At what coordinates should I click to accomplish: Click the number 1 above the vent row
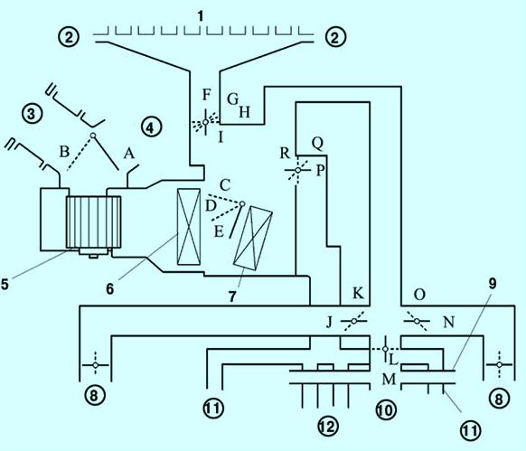tap(201, 15)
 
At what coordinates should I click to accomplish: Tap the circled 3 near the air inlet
tap(32, 114)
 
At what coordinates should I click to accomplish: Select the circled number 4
tap(151, 127)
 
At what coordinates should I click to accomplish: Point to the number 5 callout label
tap(5, 284)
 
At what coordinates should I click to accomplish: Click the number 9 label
tap(493, 284)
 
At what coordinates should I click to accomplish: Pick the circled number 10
tap(386, 409)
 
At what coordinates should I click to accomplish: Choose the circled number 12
tap(327, 427)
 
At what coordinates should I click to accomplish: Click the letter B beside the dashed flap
tap(64, 152)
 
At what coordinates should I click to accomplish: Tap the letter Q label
tap(317, 144)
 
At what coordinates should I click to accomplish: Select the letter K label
tap(358, 293)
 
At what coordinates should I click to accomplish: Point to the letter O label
tap(419, 295)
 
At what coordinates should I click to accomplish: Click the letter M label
tap(390, 380)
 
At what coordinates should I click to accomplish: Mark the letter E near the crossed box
tap(219, 231)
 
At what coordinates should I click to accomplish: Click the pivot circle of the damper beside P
tap(298, 170)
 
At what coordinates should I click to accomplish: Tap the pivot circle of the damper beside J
tap(354, 321)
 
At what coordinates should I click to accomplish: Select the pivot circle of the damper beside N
tap(417, 321)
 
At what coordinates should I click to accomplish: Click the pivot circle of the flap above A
tap(93, 136)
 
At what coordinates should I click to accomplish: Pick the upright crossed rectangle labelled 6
tap(189, 227)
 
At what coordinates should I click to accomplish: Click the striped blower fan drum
tap(94, 222)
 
